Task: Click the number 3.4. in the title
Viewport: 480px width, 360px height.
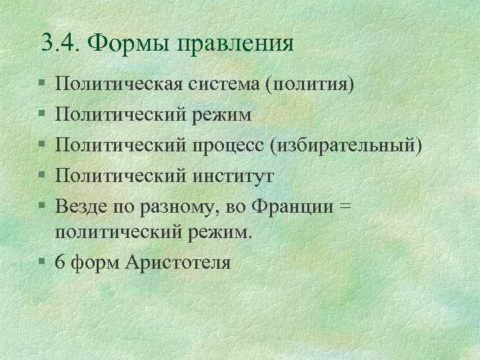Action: (60, 44)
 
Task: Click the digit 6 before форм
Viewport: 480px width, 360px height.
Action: (61, 262)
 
